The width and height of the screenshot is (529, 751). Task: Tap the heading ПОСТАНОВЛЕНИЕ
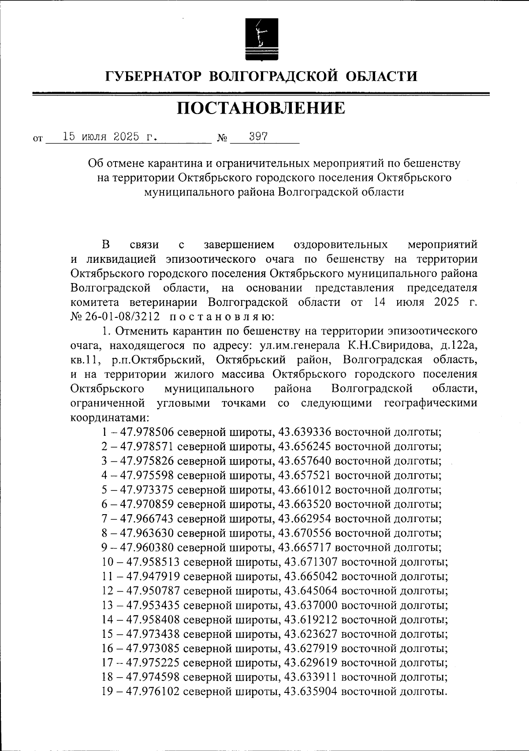[x=261, y=108]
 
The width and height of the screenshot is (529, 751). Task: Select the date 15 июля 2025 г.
[x=109, y=137]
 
